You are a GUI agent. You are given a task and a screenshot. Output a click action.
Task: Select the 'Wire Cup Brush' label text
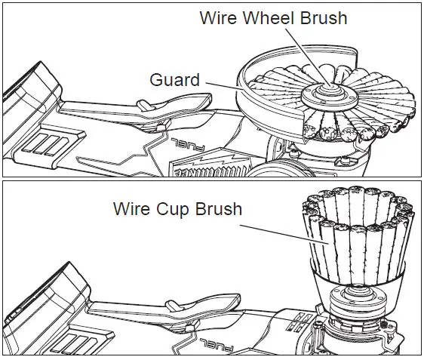click(x=177, y=208)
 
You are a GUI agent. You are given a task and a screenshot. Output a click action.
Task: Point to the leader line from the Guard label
click(x=222, y=86)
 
